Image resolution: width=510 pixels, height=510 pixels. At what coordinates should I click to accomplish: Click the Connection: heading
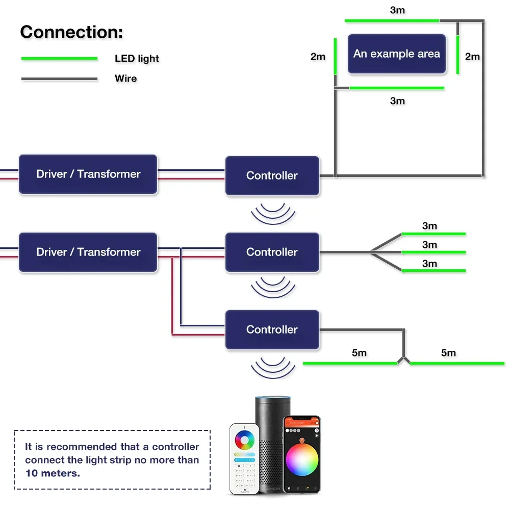click(x=71, y=32)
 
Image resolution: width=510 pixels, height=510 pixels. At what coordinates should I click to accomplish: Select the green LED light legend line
click(x=59, y=59)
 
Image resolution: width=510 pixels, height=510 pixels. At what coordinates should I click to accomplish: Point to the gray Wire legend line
click(x=59, y=79)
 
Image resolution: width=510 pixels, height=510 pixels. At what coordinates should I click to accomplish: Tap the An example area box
click(x=396, y=54)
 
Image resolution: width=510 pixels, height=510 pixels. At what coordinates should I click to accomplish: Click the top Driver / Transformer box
click(x=88, y=174)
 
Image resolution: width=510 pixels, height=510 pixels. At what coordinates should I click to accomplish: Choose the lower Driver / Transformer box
click(x=88, y=252)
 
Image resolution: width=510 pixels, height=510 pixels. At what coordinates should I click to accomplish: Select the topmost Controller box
click(x=272, y=175)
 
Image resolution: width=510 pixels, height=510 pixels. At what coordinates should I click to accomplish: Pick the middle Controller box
click(x=272, y=252)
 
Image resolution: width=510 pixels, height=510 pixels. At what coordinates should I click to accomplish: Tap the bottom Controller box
click(x=272, y=329)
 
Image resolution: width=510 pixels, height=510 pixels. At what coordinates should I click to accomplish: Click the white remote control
click(x=244, y=459)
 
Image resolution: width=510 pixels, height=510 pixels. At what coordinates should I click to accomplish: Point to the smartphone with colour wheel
click(x=302, y=454)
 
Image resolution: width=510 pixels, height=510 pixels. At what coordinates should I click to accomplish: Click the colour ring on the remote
click(x=245, y=440)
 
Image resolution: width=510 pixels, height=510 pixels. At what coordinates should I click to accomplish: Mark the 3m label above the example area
click(x=397, y=10)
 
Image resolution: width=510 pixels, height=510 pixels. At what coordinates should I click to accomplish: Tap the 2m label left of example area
click(x=318, y=57)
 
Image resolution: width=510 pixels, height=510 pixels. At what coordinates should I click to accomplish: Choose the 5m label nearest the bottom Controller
click(x=359, y=353)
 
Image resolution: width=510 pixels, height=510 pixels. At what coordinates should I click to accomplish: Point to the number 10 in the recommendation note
click(x=32, y=473)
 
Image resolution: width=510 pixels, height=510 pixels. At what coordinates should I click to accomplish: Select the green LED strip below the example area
click(x=397, y=88)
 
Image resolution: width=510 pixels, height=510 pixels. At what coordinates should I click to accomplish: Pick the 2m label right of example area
click(x=472, y=57)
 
